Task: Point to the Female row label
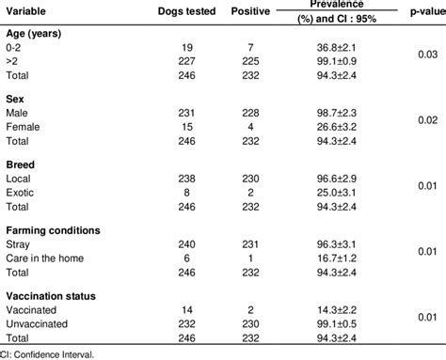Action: tap(24, 124)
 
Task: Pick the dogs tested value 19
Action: tap(185, 46)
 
